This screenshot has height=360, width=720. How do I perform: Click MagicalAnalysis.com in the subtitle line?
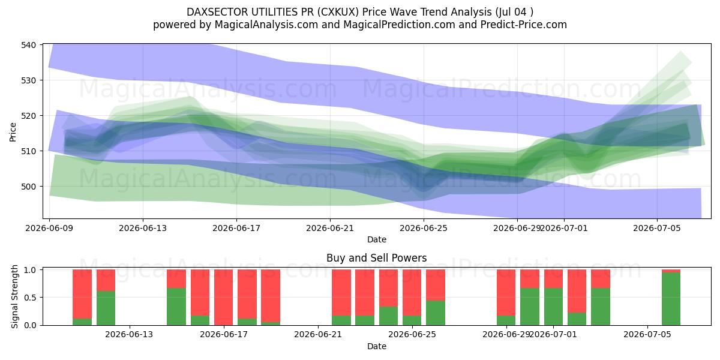[266, 25]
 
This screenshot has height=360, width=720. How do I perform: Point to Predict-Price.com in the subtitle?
[524, 25]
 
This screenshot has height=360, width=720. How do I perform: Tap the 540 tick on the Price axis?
[29, 44]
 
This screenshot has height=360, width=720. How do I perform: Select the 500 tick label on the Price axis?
[29, 187]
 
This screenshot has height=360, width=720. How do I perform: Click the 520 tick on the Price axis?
[29, 116]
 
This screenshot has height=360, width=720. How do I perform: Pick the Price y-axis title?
[13, 132]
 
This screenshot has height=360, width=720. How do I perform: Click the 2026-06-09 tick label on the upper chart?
[49, 228]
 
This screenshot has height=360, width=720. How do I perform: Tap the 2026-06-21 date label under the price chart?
[330, 228]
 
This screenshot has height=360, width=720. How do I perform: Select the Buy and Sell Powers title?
[376, 258]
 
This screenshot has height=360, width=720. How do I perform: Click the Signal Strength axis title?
[14, 296]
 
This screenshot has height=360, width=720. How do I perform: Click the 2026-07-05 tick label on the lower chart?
[647, 335]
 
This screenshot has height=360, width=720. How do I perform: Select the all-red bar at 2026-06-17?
[224, 298]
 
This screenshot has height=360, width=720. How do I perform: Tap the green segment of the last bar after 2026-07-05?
[671, 299]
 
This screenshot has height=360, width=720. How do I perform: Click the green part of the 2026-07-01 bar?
[553, 307]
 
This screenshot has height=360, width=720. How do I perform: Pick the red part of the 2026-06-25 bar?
[412, 293]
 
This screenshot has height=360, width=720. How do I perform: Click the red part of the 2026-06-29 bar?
[506, 293]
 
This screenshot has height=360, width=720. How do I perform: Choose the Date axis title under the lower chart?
[377, 346]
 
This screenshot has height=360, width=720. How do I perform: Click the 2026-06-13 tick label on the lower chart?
[130, 335]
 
